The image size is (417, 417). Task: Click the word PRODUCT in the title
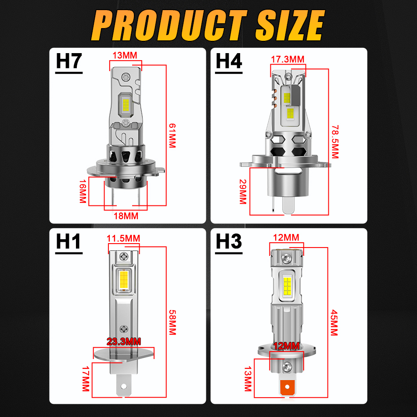tap(169, 25)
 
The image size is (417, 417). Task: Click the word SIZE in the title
tap(290, 25)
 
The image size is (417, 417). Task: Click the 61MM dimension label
tap(173, 135)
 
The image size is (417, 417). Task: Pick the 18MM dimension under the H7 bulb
tap(126, 216)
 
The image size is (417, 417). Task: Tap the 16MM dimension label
tap(83, 191)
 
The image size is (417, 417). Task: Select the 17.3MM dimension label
tap(288, 59)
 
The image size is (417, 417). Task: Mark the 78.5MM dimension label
tap(335, 142)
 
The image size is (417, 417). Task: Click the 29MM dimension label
tap(243, 191)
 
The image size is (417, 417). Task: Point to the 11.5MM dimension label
tap(123, 238)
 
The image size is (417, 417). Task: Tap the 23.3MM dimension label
tap(124, 342)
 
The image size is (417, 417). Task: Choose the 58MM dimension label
tap(173, 322)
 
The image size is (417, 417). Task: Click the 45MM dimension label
tap(334, 323)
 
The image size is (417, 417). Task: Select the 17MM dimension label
tap(86, 379)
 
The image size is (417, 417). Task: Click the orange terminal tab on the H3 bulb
tap(287, 387)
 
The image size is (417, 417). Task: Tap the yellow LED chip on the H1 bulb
tap(124, 280)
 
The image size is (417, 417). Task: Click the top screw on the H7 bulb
tap(126, 77)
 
